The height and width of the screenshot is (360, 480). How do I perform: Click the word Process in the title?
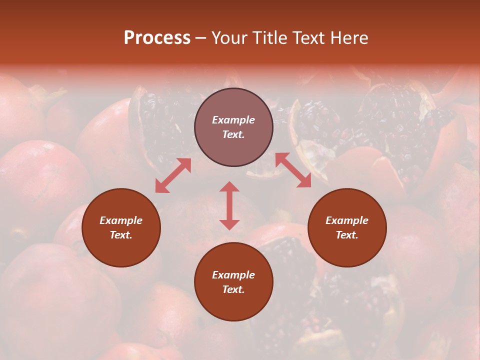coord(157,38)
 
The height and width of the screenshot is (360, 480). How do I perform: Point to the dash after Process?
coord(200,38)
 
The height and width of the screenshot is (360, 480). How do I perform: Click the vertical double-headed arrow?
coord(229,205)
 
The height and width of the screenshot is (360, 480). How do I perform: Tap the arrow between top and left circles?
coord(173,175)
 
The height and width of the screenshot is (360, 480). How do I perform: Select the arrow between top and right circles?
coord(293,170)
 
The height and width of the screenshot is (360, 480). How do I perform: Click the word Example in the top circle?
coord(233,120)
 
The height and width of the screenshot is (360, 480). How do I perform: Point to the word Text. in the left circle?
coord(121,235)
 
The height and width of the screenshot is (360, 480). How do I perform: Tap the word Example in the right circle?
coord(347,220)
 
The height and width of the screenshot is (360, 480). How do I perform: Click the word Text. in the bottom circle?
coord(233,289)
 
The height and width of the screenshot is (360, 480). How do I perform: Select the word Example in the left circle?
coord(121,220)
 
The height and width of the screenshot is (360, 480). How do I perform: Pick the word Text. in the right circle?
coord(347,235)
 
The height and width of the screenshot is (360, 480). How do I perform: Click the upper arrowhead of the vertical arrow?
coord(229,187)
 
